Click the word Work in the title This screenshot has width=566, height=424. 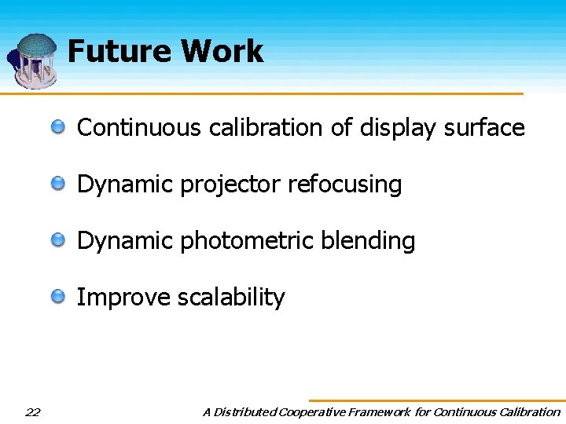pos(222,52)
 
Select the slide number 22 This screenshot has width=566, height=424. pos(33,411)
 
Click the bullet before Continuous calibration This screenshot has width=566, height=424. pos(60,127)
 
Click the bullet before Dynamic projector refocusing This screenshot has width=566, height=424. pos(60,184)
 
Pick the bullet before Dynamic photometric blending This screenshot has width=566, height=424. pos(60,240)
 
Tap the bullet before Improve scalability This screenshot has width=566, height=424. pos(60,297)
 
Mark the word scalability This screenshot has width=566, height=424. pos(231,298)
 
